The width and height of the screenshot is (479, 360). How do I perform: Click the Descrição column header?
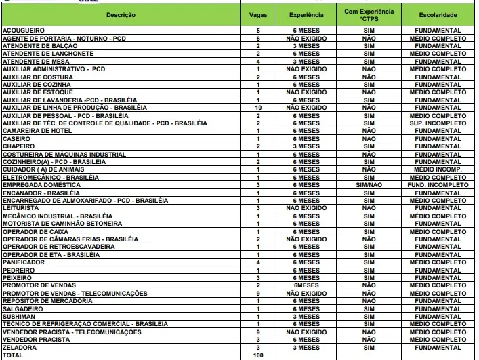tap(121, 14)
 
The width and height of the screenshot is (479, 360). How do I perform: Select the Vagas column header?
tap(258, 14)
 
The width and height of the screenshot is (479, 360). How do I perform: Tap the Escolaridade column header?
tap(438, 14)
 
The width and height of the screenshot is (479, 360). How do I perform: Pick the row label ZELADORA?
tap(20, 347)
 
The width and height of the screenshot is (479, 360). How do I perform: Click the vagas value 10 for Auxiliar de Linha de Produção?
tap(258, 108)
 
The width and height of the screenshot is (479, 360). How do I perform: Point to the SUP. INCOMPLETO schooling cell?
tap(438, 123)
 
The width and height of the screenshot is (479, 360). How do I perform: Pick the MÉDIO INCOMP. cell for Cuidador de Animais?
tap(438, 169)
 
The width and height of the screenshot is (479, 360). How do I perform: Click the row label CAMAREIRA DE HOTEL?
tap(37, 131)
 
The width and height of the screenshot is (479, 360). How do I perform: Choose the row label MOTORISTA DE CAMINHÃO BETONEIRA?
tap(62, 224)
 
